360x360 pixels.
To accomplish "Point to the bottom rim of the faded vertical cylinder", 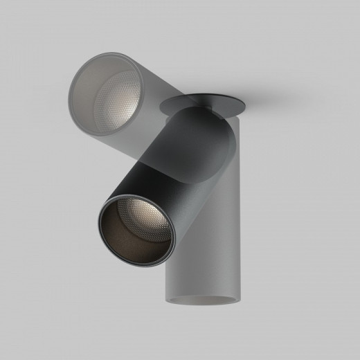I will (x=201, y=304).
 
